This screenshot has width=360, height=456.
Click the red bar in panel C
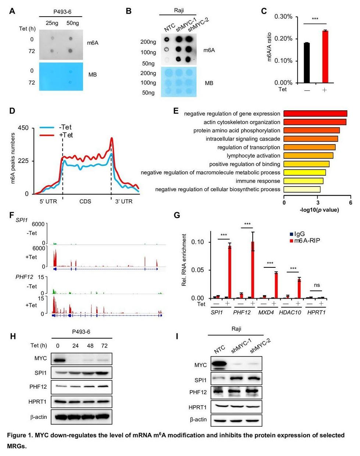(325, 57)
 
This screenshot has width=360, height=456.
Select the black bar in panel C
(306, 63)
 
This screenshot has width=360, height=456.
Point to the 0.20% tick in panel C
(284, 39)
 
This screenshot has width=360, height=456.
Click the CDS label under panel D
(85, 202)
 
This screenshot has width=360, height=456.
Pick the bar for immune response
(303, 181)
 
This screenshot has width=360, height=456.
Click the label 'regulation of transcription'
(249, 147)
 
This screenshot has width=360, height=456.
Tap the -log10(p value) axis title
(319, 210)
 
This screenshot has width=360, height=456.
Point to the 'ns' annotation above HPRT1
(317, 285)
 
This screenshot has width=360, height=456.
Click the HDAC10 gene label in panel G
(290, 312)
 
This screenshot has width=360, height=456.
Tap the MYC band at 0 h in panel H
(58, 359)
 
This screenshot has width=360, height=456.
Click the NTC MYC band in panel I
(220, 365)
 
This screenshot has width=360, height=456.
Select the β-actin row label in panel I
(198, 419)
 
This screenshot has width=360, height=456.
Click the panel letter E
(176, 111)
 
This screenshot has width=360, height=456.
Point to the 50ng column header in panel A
(72, 23)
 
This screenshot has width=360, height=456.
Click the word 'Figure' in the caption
(17, 435)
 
